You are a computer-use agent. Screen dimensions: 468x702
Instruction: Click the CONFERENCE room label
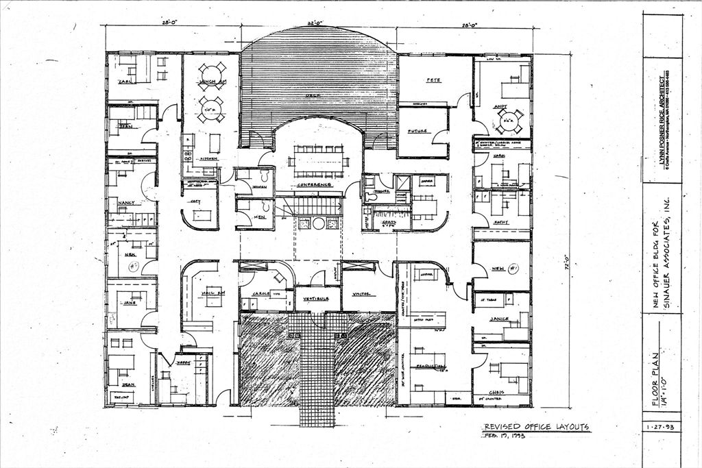tap(314, 184)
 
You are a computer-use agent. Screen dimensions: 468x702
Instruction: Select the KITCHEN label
tap(208, 158)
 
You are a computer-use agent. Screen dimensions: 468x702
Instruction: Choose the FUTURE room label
tap(417, 130)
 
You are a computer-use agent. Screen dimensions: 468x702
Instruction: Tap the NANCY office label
tap(126, 203)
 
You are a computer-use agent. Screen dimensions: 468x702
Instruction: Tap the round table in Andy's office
tap(507, 122)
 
